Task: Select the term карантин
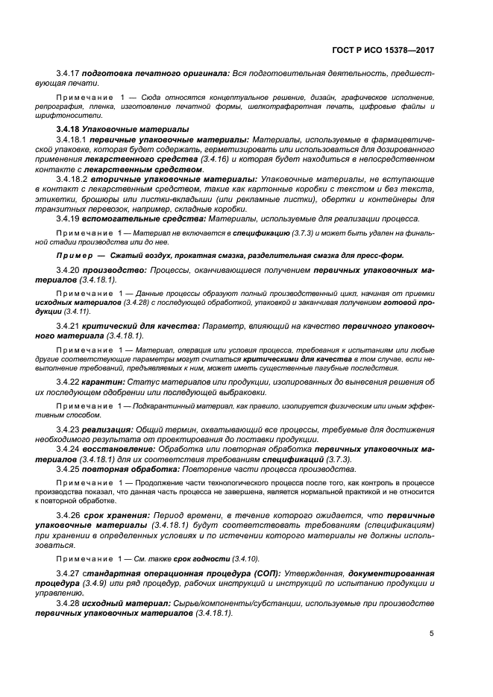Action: [x=104, y=382]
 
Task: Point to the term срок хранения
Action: [x=116, y=515]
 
